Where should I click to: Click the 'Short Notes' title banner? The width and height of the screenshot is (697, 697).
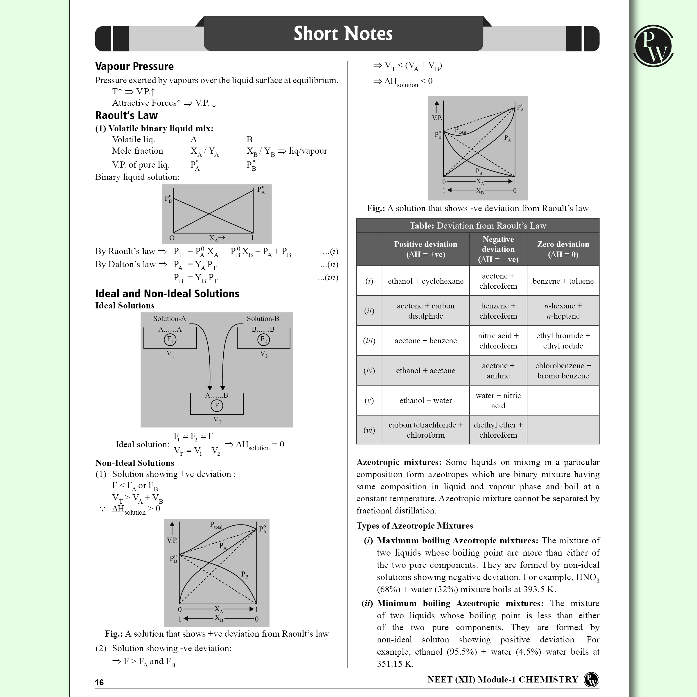(x=343, y=34)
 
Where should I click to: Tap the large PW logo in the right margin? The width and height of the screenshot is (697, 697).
(x=653, y=46)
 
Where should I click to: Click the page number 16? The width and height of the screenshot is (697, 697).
(x=99, y=682)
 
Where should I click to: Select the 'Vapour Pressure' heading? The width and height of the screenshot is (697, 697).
(x=134, y=67)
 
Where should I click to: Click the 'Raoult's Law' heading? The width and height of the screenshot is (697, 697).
(x=126, y=116)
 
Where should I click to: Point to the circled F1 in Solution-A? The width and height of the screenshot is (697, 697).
(x=170, y=339)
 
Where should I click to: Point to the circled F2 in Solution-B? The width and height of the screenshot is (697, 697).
(x=263, y=339)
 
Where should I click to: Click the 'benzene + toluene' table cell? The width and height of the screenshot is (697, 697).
(x=563, y=281)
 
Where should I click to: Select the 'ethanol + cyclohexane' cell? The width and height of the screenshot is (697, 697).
(x=425, y=281)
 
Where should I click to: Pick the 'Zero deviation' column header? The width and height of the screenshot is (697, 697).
(x=563, y=249)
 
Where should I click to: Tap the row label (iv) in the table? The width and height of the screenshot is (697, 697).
(x=369, y=371)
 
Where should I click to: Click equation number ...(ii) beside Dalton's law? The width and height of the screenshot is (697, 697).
(x=329, y=265)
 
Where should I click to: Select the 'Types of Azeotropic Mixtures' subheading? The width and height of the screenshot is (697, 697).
(x=414, y=526)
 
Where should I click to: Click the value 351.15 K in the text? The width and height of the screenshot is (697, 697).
(x=395, y=664)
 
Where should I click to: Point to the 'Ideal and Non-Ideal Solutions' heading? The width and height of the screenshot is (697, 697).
(x=167, y=294)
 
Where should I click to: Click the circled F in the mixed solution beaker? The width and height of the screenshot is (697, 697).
(x=217, y=405)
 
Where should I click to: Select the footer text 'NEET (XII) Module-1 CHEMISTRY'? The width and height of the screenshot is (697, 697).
(x=502, y=680)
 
